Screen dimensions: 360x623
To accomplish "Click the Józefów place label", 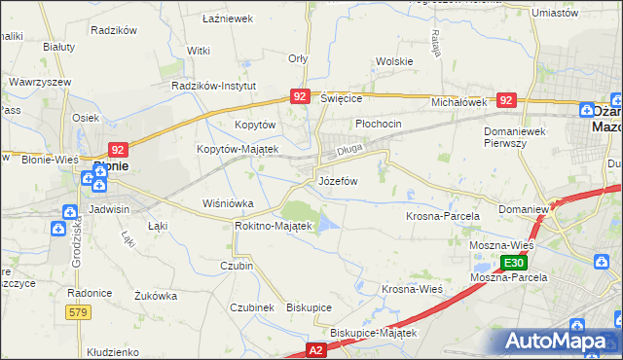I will coord(339,182).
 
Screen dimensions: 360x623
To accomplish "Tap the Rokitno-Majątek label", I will coord(273,226).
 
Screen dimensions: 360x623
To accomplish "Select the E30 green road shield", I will coord(515,263).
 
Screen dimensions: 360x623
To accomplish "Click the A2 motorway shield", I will coord(315,347).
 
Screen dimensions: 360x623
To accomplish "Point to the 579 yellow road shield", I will coord(80,312).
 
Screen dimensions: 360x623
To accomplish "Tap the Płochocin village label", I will coord(378,125).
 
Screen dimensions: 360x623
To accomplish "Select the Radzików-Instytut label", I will coord(212,86).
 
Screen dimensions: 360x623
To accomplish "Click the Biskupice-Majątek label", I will coord(373,333).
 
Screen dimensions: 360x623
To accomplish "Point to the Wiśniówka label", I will coord(227,203).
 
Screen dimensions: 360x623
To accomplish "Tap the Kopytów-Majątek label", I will coord(238,149).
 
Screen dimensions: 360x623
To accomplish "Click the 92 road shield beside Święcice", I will coord(300,96).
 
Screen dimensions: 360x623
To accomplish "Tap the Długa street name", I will coord(348,151).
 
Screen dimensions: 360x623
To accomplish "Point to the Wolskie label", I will coord(394,61).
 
